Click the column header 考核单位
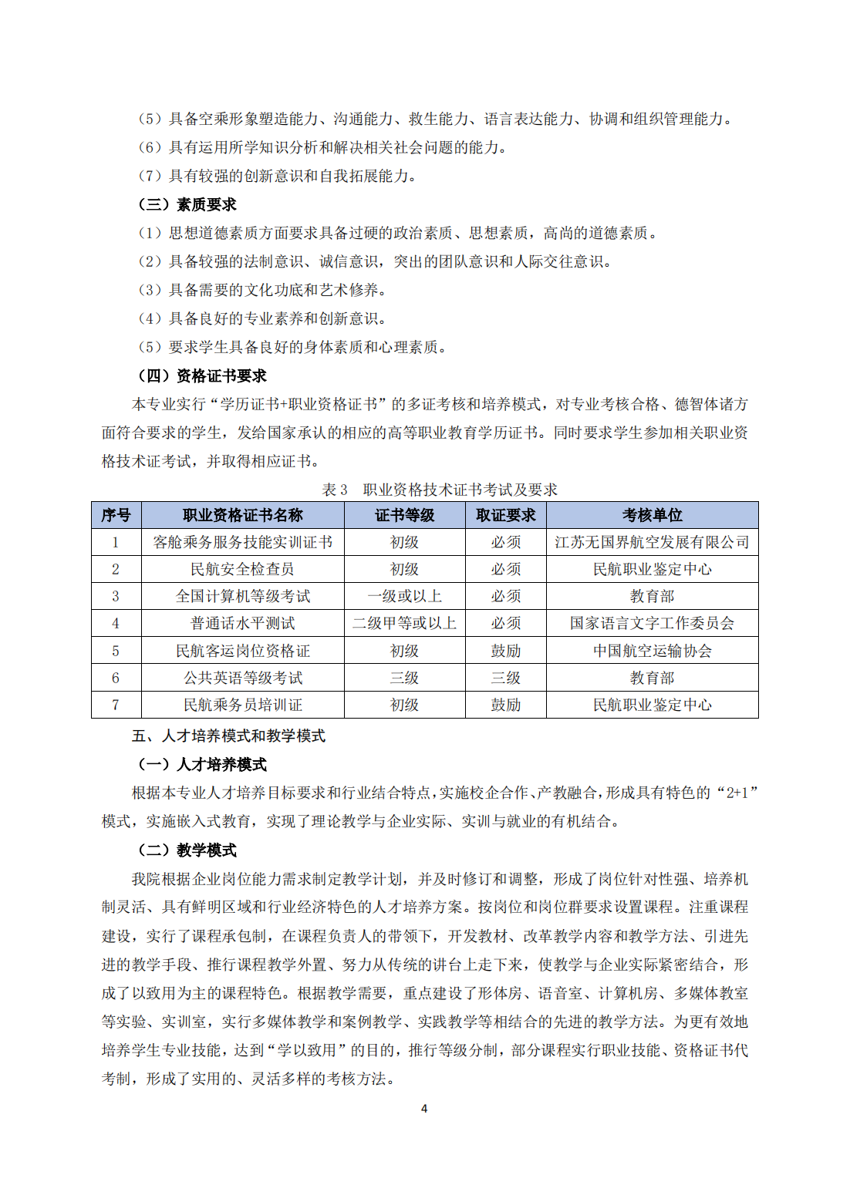coord(652,515)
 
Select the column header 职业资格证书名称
coord(242,515)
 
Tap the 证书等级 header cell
coord(404,515)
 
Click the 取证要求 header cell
coord(505,515)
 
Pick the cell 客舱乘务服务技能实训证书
coord(242,542)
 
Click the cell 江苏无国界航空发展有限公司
coord(652,542)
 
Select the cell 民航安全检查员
coord(242,569)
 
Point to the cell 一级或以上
coord(404,596)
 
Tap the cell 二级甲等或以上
coord(404,623)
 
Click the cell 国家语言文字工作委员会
coord(652,623)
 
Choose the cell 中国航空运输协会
coord(652,651)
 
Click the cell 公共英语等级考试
coord(242,678)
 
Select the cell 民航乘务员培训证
coord(242,705)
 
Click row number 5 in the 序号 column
coord(116,651)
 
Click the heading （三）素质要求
coord(187,204)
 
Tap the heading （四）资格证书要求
coord(201,375)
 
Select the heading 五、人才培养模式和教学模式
coord(228,736)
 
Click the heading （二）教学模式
coord(187,850)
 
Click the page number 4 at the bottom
coord(424,1108)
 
